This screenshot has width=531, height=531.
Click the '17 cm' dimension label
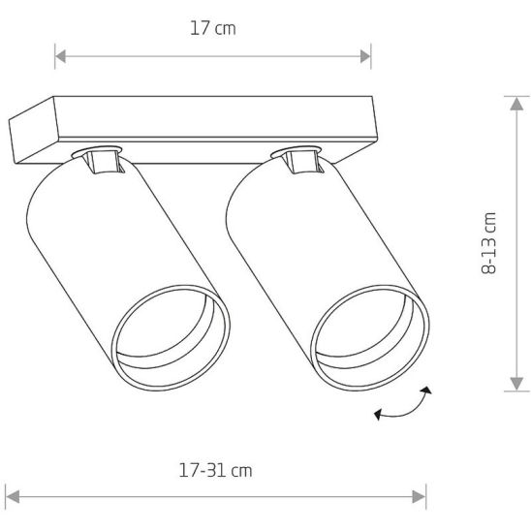click(x=212, y=28)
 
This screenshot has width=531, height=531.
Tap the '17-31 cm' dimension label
click(x=215, y=471)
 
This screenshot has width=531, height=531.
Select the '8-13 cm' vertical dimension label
click(x=488, y=243)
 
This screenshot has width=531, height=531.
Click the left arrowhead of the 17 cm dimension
click(x=60, y=56)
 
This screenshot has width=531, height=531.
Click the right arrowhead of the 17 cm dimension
click(x=365, y=56)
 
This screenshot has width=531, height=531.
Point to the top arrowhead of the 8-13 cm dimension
click(x=516, y=104)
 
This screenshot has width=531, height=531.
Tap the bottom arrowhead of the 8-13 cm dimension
click(x=516, y=384)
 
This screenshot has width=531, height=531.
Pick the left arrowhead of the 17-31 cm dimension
click(x=13, y=497)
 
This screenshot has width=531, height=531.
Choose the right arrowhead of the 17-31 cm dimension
click(x=419, y=497)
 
